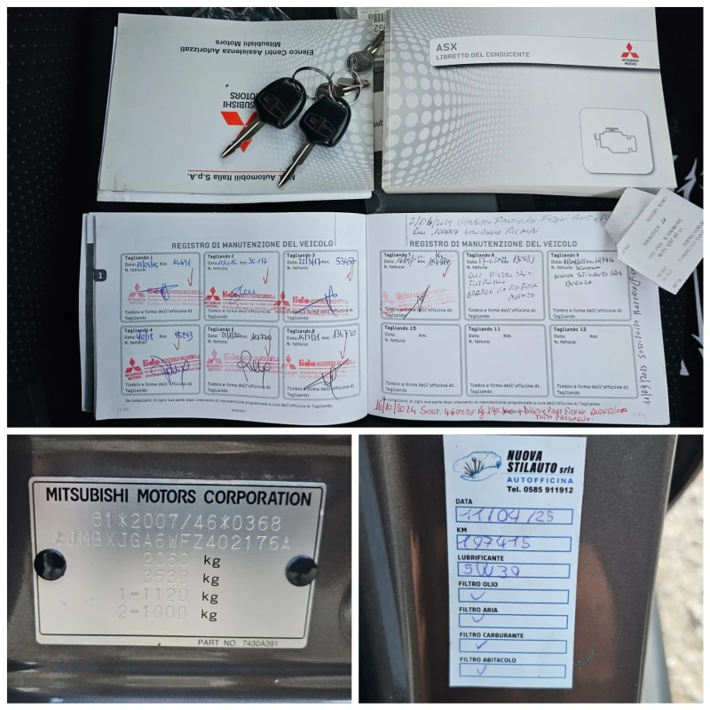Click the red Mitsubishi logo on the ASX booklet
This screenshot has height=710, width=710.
[x=630, y=51]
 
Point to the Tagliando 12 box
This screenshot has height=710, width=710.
[x=593, y=359]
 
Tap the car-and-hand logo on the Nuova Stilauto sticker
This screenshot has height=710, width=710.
[x=477, y=464]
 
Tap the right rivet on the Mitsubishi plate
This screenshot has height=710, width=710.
[x=301, y=569]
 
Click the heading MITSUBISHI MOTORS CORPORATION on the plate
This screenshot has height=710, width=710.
[x=178, y=496]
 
